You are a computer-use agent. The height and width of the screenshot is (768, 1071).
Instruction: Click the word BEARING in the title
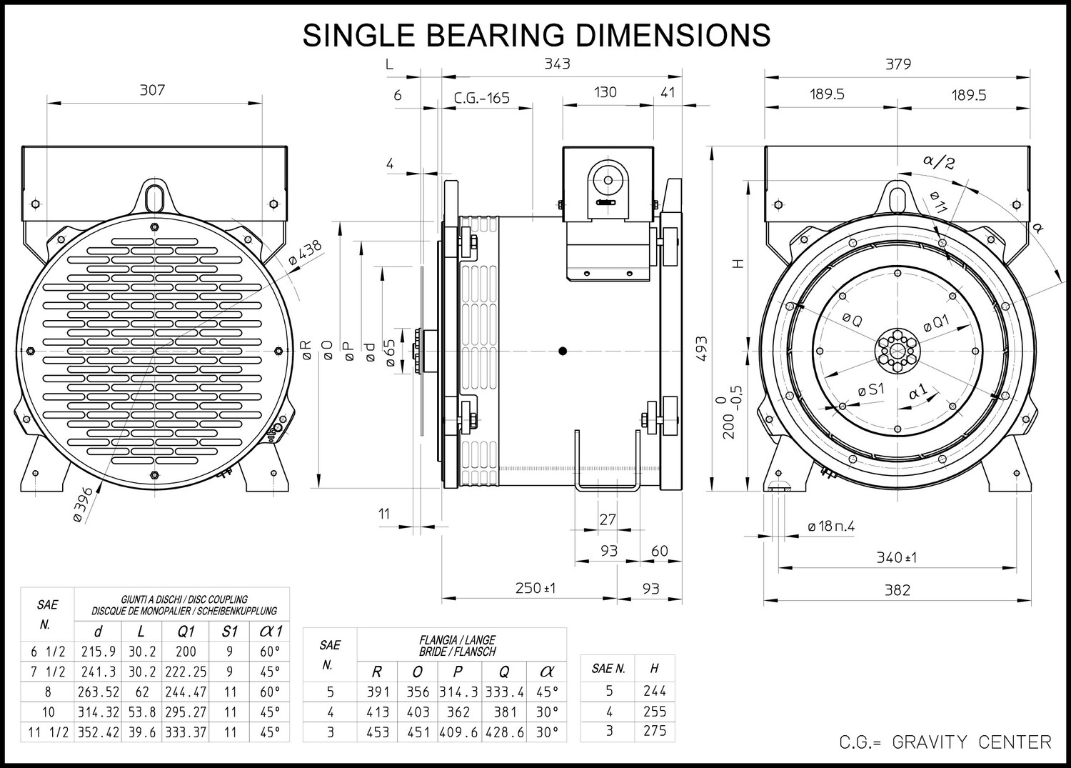coord(495,35)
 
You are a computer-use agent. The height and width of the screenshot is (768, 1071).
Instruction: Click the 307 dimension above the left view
coord(152,90)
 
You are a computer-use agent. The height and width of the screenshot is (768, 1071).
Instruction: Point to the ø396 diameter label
coord(84,505)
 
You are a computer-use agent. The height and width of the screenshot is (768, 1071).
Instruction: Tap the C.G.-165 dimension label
coord(481,98)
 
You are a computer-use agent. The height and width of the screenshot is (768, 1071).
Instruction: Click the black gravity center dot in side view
coord(563,351)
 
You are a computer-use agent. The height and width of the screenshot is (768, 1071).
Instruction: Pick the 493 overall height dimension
coord(701,349)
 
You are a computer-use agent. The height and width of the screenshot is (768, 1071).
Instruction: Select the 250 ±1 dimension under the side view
coord(535,587)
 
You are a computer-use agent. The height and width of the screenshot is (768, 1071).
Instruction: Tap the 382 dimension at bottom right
coord(897,590)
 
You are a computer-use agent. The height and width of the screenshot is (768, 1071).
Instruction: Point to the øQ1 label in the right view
coord(936,323)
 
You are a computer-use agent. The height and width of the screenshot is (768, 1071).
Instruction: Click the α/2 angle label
coord(939,161)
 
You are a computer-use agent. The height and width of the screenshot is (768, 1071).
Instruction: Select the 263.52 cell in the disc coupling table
coord(98,692)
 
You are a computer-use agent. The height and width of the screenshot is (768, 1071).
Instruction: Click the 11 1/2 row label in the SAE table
coord(48,732)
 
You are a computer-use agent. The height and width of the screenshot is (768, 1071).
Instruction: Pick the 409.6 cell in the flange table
coord(459,732)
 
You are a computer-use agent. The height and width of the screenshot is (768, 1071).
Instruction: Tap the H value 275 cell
coord(655,731)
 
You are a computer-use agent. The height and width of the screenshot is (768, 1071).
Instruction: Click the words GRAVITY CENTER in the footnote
coord(972,742)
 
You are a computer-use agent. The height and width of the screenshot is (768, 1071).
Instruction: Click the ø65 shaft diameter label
coord(391,353)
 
